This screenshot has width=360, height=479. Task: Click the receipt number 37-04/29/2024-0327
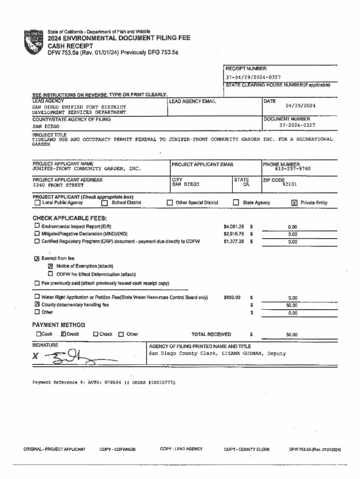click(x=253, y=77)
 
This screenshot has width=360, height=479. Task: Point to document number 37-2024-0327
click(x=297, y=125)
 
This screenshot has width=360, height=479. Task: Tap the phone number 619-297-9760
click(x=293, y=169)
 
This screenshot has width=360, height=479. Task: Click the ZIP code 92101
click(x=289, y=184)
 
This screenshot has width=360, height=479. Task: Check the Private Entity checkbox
click(x=294, y=203)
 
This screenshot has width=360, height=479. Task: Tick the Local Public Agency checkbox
click(x=37, y=203)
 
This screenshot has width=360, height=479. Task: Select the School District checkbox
click(x=105, y=203)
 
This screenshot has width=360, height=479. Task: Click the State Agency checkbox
click(x=236, y=203)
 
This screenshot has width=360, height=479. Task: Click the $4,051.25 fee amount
click(x=234, y=227)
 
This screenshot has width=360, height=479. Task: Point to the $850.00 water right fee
click(x=232, y=297)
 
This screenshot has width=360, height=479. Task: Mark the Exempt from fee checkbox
click(x=37, y=259)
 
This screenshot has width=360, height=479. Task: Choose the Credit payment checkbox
click(x=63, y=334)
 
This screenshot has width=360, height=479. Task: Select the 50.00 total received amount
click(x=292, y=335)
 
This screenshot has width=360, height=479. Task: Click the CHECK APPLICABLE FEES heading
click(x=70, y=218)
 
